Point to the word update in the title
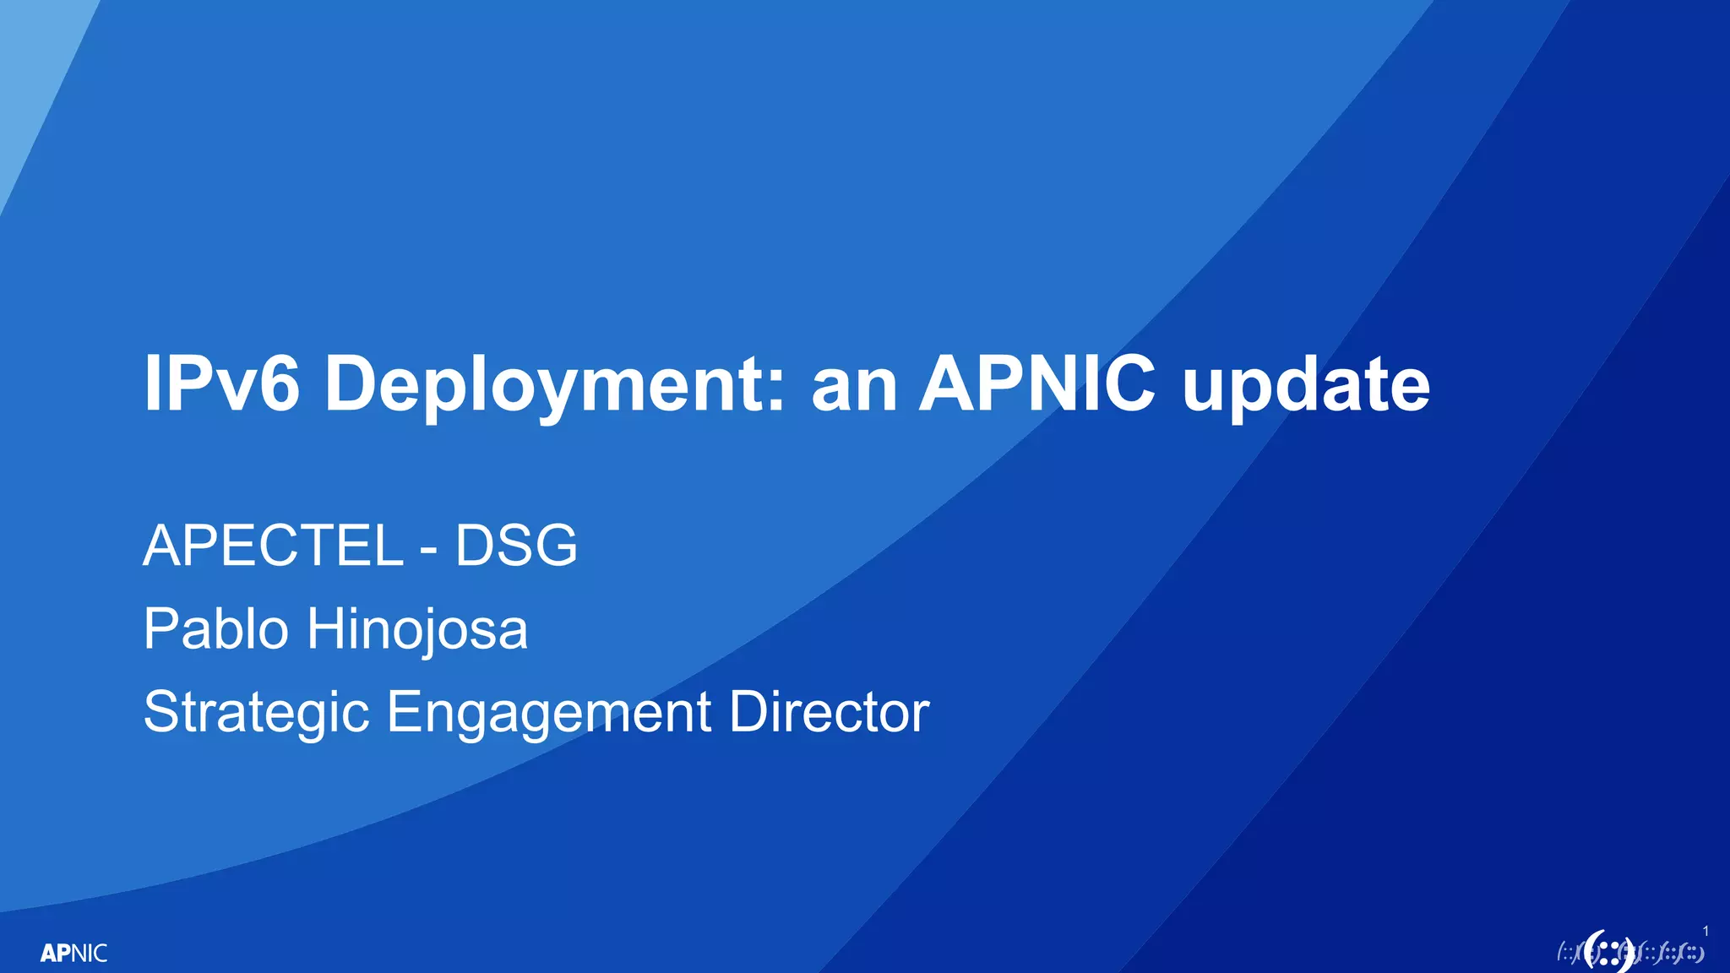[x=1306, y=385]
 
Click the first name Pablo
[x=216, y=628]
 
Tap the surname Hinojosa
[x=417, y=630]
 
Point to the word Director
[x=829, y=711]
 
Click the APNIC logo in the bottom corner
[x=73, y=953]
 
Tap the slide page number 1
[x=1706, y=931]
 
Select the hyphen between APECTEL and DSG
[x=429, y=550]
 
